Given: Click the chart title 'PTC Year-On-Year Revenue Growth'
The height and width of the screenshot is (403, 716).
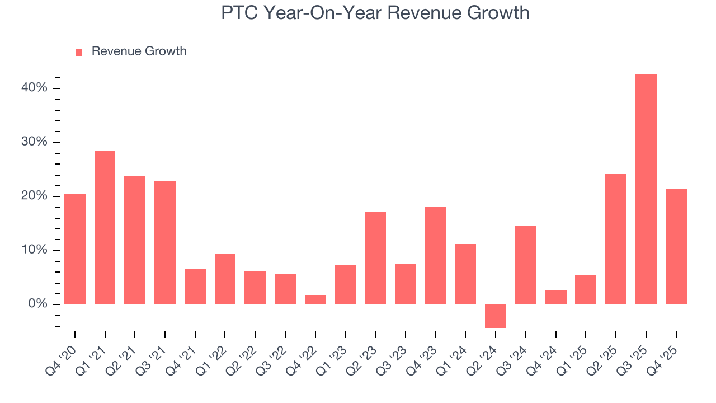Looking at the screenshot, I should [375, 12].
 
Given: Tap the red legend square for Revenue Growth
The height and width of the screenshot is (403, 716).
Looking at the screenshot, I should [79, 52].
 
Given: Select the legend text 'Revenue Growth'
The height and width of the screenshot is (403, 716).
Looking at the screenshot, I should [139, 51].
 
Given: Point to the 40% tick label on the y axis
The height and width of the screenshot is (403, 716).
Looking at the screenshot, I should [35, 88].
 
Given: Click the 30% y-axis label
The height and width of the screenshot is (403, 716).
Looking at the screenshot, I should [35, 142].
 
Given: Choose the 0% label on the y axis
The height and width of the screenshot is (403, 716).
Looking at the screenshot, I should [37, 304].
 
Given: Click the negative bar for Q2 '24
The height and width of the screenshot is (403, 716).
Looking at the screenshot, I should [496, 316].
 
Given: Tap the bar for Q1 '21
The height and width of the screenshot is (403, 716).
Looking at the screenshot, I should [105, 228].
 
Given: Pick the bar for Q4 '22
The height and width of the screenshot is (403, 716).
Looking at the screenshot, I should [315, 299].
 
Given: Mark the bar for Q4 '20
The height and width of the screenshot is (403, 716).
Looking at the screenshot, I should [75, 249].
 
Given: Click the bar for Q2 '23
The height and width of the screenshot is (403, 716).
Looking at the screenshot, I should [375, 258].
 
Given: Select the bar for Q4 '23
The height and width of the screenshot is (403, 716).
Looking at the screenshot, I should [436, 256].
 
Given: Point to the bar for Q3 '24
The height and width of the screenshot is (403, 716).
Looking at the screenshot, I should [526, 265].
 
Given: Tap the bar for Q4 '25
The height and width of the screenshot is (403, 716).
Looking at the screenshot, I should [676, 247].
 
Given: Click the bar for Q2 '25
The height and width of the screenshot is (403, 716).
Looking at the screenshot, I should [616, 239].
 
